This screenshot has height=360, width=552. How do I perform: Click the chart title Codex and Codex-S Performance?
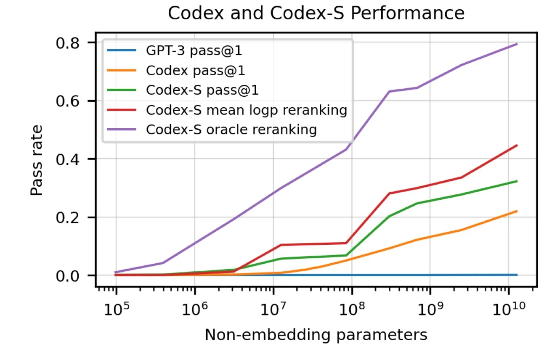316,13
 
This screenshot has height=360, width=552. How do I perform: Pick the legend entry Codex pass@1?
195,71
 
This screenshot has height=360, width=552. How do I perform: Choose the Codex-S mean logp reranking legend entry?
246,110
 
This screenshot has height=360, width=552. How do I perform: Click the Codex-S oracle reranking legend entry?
231,129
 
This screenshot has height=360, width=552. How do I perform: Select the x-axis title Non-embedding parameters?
316,335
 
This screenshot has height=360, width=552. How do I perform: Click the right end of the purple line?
517,44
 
